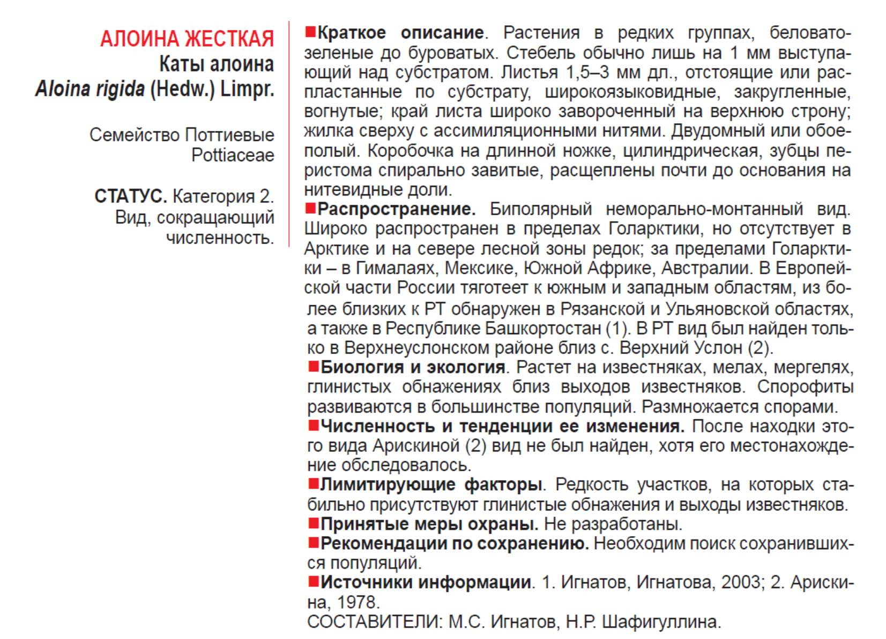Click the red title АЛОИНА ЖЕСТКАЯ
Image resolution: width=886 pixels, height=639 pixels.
pos(187,39)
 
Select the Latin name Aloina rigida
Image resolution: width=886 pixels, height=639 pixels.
pos(90,89)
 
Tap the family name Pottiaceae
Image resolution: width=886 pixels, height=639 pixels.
pos(233,155)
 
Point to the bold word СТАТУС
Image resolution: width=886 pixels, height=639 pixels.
pos(131,197)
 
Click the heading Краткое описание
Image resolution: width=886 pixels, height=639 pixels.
pos(400,33)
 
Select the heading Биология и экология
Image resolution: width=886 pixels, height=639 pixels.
pos(413,367)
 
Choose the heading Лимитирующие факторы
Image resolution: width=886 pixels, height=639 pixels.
pos(431,485)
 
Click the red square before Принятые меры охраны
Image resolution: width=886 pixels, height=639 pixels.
pos(314,522)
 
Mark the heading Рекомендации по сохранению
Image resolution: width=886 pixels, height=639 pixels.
pos(455,544)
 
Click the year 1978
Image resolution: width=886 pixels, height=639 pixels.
pos(358,603)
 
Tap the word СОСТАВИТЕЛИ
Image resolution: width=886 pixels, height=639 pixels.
pos(373,622)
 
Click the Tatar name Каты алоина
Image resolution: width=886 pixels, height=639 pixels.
pos(217,64)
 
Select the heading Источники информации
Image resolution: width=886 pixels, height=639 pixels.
pos(426,582)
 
